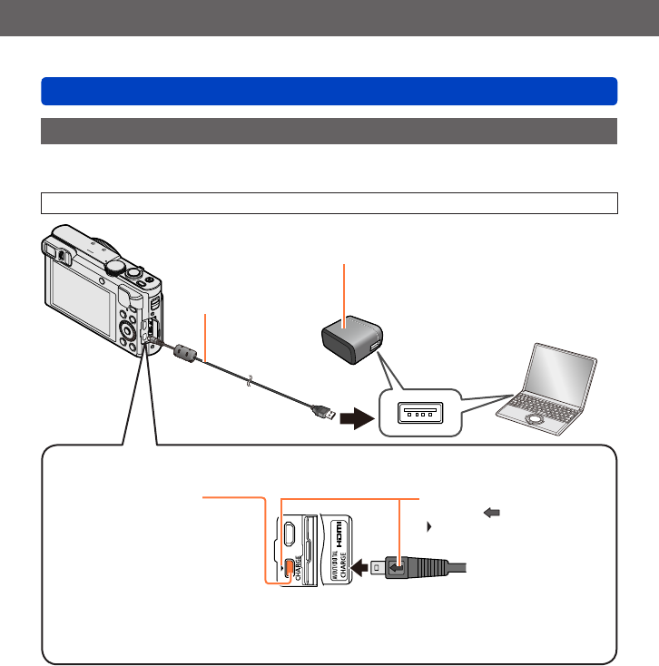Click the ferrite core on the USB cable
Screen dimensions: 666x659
183,351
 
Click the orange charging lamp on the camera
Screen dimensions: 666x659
288,568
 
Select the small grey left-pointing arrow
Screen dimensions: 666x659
494,513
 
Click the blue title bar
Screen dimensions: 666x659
329,91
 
